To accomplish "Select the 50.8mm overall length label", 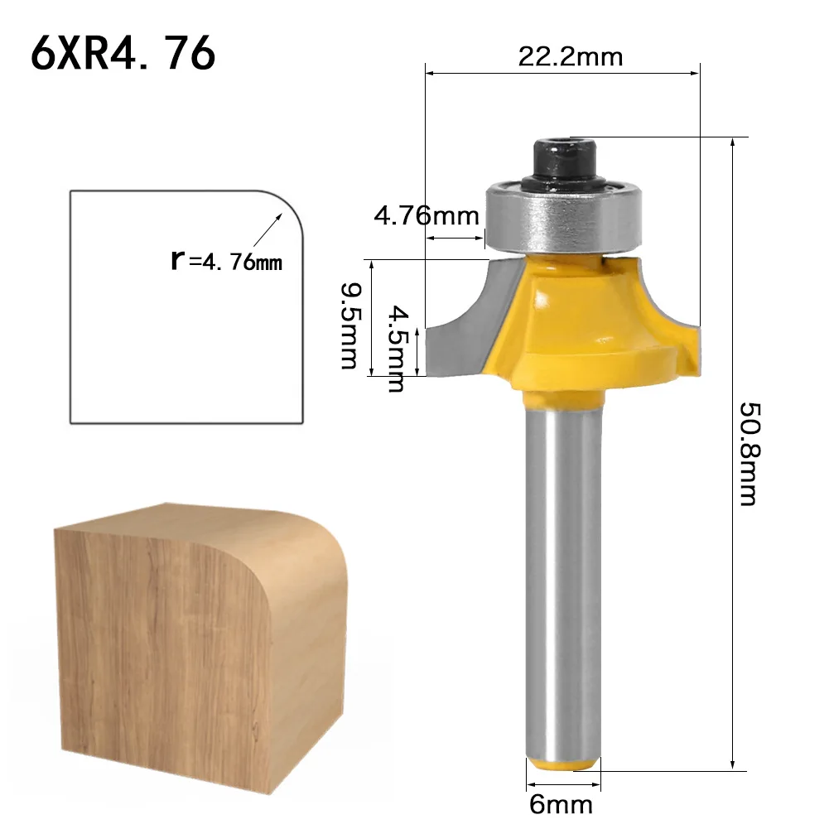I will tap(748, 454).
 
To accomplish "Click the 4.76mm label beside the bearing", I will tap(427, 216).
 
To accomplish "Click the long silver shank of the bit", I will tap(563, 580).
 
